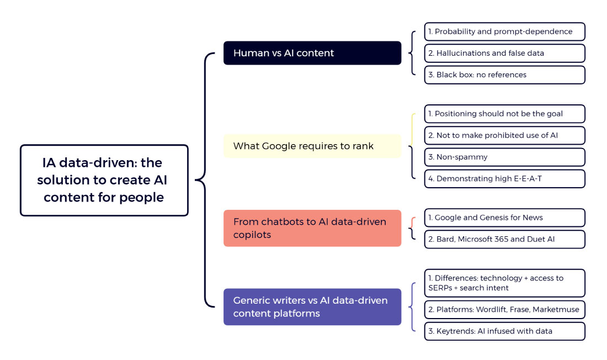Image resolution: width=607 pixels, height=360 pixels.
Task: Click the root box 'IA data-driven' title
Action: [x=104, y=180]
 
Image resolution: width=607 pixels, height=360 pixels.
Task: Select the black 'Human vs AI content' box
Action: [x=312, y=53]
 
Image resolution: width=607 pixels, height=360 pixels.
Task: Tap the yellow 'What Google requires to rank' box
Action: [x=312, y=146]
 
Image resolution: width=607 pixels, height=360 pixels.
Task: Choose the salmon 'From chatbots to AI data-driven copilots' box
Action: [x=312, y=228]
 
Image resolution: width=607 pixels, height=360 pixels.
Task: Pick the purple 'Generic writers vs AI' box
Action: [x=312, y=306]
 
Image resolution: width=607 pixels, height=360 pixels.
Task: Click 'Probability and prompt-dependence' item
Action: [x=504, y=31]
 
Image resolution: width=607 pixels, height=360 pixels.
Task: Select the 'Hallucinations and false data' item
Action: [x=504, y=53]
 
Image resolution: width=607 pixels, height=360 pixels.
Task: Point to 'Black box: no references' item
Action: [x=504, y=75]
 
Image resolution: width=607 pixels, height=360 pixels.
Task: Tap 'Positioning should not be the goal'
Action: [x=504, y=114]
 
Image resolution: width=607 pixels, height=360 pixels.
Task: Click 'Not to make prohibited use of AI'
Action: [x=504, y=135]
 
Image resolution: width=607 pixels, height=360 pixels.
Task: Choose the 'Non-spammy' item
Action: [x=504, y=157]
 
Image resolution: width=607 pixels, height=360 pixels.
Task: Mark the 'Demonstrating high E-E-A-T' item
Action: [x=504, y=178]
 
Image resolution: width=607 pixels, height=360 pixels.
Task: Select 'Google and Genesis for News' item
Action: [x=504, y=218]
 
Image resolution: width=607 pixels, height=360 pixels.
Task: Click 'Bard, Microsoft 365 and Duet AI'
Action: [x=504, y=239]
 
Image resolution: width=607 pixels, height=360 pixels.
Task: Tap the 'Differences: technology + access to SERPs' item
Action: [x=504, y=283]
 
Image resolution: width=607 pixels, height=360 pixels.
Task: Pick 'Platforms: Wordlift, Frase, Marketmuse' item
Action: [x=504, y=309]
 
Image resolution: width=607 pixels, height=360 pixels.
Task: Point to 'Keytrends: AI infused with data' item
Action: [x=504, y=331]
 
